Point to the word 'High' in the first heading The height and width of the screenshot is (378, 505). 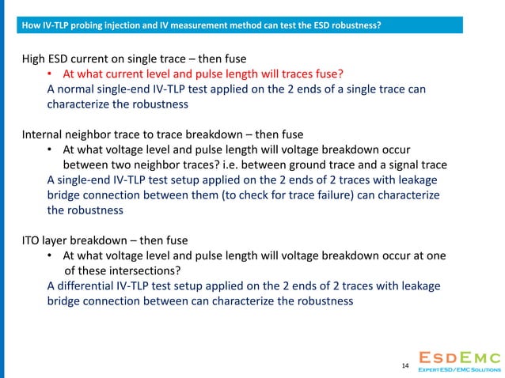(35, 59)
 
